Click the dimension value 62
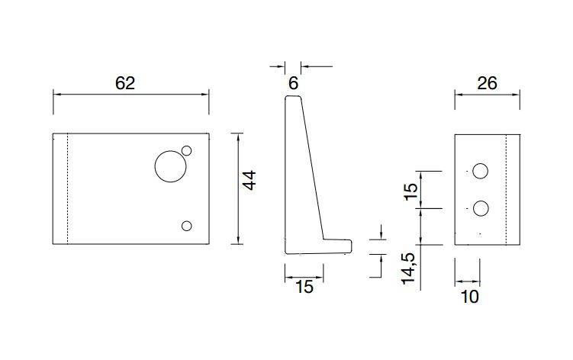pos(125,84)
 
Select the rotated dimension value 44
pos(249,181)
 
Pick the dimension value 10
pos(470,297)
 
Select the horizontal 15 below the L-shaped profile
pos(304,287)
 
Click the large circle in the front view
pos(169,166)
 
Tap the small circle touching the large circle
pos(186,151)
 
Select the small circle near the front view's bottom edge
pos(186,225)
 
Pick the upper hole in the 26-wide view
pos(480,172)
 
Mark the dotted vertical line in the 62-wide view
pos(69,188)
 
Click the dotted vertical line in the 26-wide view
pos(507,188)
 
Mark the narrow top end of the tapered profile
pos(292,98)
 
